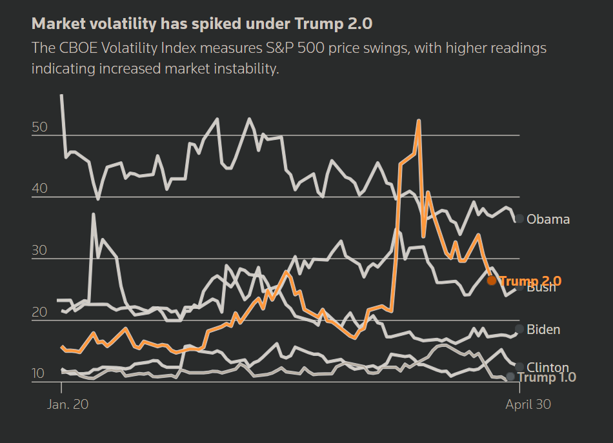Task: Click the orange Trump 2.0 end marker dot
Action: click(492, 281)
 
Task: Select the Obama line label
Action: click(548, 219)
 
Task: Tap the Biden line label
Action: click(543, 330)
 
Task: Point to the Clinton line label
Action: click(547, 368)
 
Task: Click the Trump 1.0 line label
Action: click(547, 377)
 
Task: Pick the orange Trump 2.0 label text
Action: click(530, 281)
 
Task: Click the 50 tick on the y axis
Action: click(39, 127)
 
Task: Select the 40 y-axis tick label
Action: click(39, 189)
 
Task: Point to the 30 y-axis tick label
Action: click(39, 250)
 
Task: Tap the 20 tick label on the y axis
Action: click(39, 312)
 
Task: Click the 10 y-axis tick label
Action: click(39, 374)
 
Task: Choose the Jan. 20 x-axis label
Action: click(68, 404)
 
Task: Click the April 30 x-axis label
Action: click(528, 404)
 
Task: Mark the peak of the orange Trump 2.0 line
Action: click(419, 121)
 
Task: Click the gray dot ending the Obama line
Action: click(519, 219)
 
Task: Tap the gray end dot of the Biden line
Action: click(519, 330)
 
